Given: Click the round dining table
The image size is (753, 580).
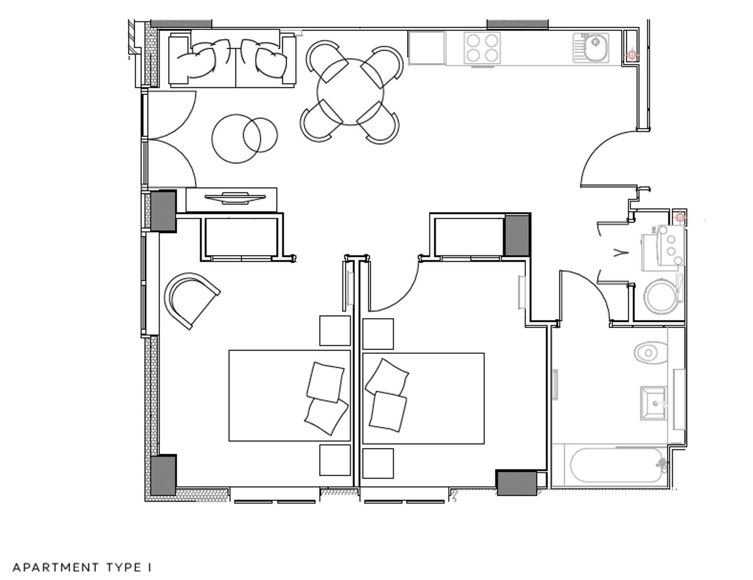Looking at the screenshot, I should (350, 92).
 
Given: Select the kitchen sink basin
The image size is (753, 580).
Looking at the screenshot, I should (595, 42).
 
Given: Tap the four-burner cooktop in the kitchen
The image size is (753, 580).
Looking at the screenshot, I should (482, 47).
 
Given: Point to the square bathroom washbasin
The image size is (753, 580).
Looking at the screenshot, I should (654, 403).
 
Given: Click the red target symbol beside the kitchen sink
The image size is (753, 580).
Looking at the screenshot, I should (632, 55).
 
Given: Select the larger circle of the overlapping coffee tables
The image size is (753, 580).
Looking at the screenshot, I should (236, 139).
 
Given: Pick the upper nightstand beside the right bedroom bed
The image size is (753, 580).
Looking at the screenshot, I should (378, 334).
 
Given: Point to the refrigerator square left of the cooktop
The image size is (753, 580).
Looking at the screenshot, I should (427, 47).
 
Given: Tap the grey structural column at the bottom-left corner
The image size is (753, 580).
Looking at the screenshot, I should (163, 475).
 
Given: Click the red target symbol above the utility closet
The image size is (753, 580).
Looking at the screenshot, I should (680, 217).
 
